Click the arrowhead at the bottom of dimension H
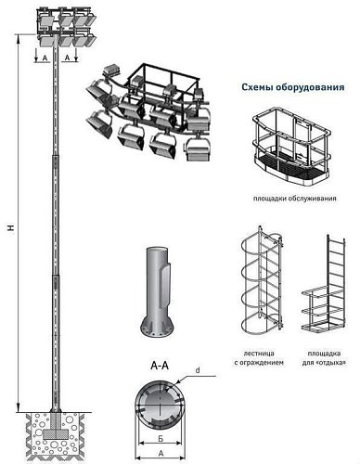click(18, 407)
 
